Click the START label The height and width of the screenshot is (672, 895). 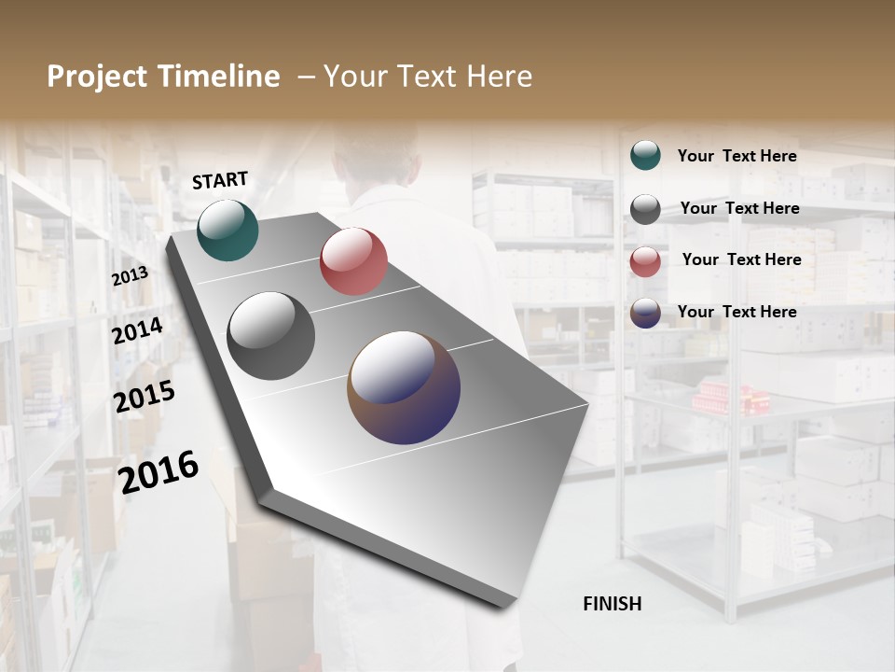[220, 180]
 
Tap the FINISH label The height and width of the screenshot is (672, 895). [613, 604]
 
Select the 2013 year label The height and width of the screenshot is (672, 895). [131, 276]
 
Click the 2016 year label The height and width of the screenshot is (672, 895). [158, 472]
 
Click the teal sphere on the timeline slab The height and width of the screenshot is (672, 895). [228, 230]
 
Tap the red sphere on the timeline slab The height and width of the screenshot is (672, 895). [353, 261]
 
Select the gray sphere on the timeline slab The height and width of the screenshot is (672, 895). [271, 336]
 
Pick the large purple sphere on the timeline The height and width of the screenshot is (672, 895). [404, 386]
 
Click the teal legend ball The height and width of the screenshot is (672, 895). [645, 156]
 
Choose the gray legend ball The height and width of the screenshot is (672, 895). [645, 209]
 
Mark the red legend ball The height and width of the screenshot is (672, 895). [645, 261]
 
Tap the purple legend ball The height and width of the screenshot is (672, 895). [645, 313]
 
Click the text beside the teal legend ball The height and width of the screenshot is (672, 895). [737, 156]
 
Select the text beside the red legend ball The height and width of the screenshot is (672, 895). [741, 259]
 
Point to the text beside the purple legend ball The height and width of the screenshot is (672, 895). [737, 312]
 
